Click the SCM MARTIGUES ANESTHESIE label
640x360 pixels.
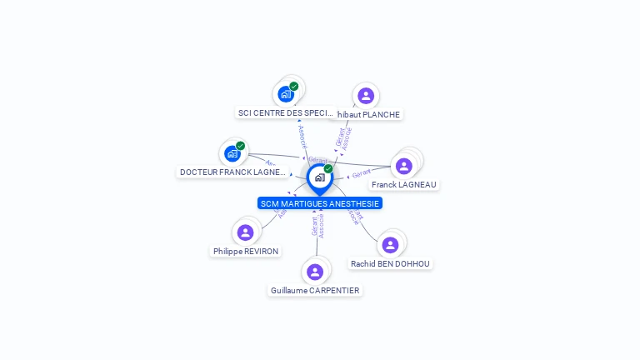click(x=320, y=203)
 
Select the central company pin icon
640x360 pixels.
click(x=319, y=177)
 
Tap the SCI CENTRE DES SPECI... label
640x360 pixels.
click(x=286, y=113)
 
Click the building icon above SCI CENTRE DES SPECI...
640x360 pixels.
click(x=286, y=93)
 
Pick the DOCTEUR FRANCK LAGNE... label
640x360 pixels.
click(x=232, y=172)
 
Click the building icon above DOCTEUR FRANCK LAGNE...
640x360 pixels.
click(x=232, y=153)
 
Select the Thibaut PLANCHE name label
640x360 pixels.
click(x=367, y=115)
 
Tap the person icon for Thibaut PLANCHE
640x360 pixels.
click(x=365, y=96)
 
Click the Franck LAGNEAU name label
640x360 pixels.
click(x=404, y=184)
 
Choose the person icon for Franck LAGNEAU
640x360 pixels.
click(x=404, y=166)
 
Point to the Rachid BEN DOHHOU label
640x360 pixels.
click(x=390, y=263)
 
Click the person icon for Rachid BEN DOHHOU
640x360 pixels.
click(x=390, y=245)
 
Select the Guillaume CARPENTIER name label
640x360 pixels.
click(x=315, y=291)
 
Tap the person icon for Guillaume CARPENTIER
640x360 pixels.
click(x=315, y=272)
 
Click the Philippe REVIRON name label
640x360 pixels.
click(x=246, y=251)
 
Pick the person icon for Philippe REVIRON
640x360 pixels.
click(x=245, y=232)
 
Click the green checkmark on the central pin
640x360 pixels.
click(x=328, y=168)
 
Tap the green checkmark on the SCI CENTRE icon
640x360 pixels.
click(x=294, y=86)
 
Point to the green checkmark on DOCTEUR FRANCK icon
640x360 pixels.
click(x=241, y=146)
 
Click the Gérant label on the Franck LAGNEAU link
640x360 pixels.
click(x=361, y=173)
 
